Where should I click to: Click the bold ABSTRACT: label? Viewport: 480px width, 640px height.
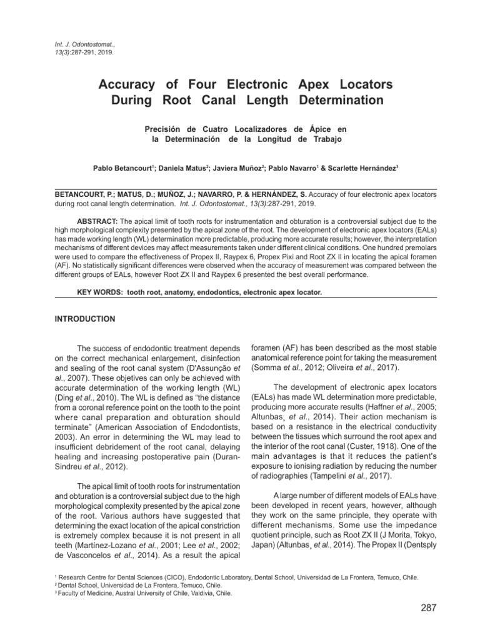pos(96,221)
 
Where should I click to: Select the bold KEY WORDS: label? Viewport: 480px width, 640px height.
pos(97,292)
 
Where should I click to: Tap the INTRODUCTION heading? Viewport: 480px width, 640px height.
pos(86,319)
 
